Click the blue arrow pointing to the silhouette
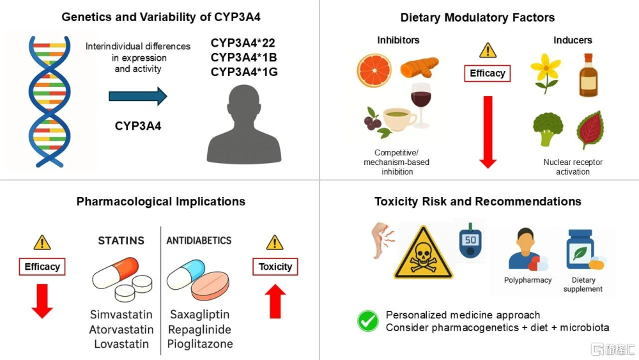pos(138,96)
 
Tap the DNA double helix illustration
pos(49,102)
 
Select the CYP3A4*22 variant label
pos(243,43)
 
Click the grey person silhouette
pos(243,124)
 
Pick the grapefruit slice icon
pos(374,71)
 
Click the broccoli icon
pos(548,129)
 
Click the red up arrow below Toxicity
pos(275,301)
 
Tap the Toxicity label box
pos(275,267)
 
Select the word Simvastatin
pos(121,315)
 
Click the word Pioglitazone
pos(200,343)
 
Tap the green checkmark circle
pos(367,321)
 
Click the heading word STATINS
pos(121,240)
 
